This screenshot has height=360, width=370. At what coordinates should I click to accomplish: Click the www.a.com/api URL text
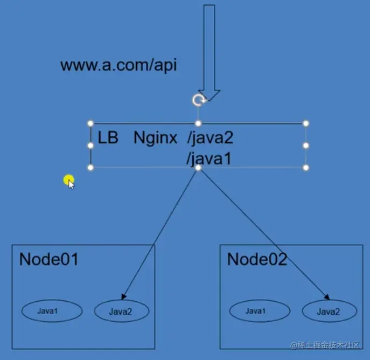pos(118,66)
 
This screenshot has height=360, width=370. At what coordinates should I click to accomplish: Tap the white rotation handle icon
pos(199,100)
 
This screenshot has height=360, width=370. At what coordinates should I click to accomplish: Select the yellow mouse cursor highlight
pos(68,181)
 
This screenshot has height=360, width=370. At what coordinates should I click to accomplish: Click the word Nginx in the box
pos(155,138)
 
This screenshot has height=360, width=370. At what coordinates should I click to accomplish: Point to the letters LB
pos(108,138)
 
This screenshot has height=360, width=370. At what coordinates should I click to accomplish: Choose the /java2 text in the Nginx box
pos(210,138)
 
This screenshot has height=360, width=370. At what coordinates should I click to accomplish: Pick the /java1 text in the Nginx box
pos(209,158)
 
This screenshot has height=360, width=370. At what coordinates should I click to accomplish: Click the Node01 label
pos(49,259)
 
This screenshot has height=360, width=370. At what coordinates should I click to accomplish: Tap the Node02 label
pos(257,259)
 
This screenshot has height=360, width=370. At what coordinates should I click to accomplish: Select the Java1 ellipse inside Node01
pos(52,311)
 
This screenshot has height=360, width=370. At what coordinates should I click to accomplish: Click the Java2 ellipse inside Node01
pos(121,311)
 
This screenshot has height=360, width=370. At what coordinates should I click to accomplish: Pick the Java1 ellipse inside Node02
pos(260,311)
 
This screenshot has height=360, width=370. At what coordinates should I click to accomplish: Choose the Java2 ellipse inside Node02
pos(329,311)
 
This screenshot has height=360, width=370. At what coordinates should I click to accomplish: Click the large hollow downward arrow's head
pos(209,95)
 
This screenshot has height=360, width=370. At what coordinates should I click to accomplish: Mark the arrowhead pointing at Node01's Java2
pos(124,296)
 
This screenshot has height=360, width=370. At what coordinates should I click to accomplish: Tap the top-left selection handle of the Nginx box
pos(90,123)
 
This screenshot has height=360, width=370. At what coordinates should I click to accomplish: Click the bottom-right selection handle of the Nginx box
pos(306,168)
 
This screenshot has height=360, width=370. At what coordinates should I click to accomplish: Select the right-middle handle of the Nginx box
pos(306,146)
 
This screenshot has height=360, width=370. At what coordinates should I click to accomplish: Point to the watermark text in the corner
pos(329,345)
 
